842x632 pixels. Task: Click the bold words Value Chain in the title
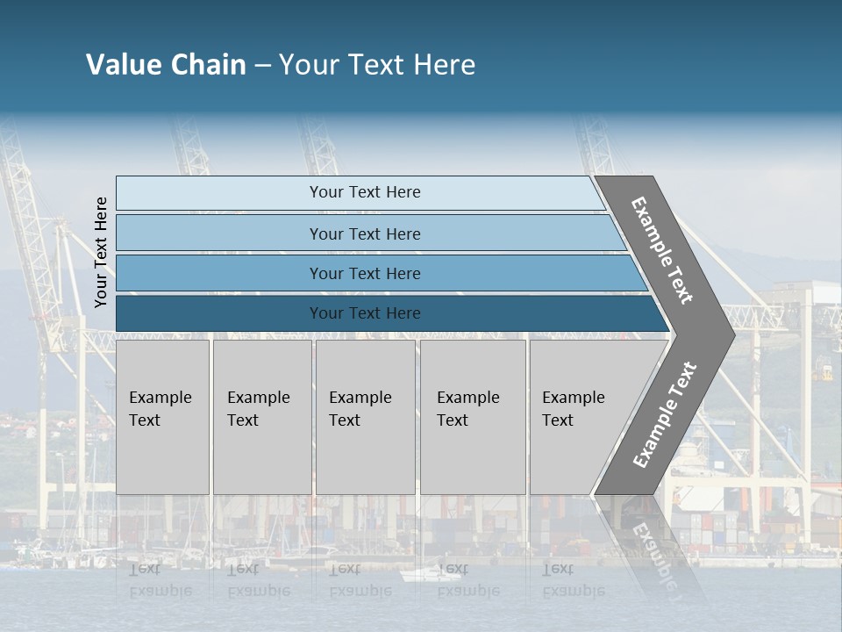166,65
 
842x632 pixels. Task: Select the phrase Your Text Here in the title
377,65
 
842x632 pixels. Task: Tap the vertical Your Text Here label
101,252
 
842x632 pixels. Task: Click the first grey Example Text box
162,417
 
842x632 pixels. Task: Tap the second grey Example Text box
261,417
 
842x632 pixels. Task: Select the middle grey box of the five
365,417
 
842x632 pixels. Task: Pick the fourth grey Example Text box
473,417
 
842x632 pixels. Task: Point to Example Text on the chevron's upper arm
662,250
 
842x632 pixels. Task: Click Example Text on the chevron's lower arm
665,414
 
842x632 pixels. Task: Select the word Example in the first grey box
160,398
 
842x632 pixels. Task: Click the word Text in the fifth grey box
557,420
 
